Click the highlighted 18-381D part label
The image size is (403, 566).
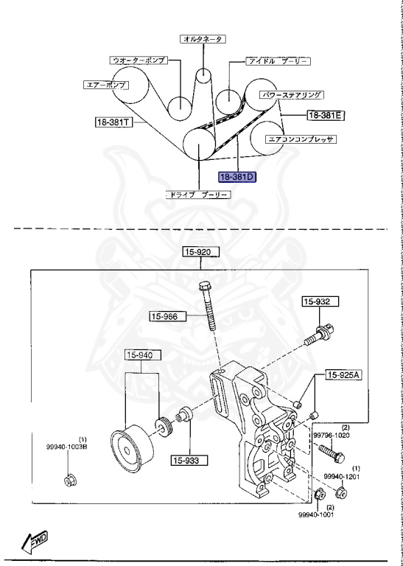236,178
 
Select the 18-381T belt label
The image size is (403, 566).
112,122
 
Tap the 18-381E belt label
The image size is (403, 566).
326,116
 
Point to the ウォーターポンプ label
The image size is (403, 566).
138,60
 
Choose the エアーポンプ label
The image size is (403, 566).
105,84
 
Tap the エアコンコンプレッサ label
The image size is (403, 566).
301,138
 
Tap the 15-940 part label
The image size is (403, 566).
141,355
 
